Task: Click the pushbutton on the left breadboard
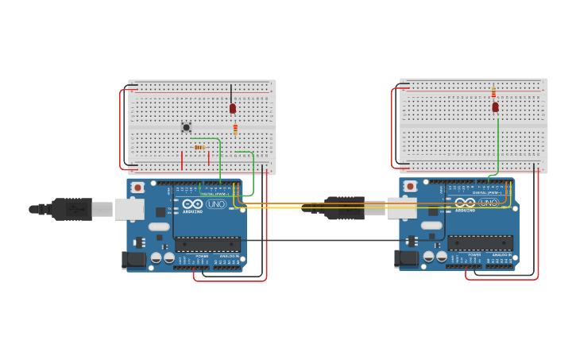pyautogui.click(x=186, y=127)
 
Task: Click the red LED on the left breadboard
pyautogui.click(x=233, y=108)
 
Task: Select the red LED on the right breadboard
pyautogui.click(x=495, y=106)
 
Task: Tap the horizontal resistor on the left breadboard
pyautogui.click(x=199, y=147)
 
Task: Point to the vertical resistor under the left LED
pyautogui.click(x=235, y=129)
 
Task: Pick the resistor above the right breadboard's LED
pyautogui.click(x=493, y=93)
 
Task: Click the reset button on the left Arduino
pyautogui.click(x=137, y=188)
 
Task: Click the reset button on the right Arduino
pyautogui.click(x=410, y=187)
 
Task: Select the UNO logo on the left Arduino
pyautogui.click(x=216, y=204)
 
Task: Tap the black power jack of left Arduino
pyautogui.click(x=132, y=259)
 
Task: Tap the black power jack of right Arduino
pyautogui.click(x=405, y=258)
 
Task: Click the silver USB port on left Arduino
pyautogui.click(x=129, y=209)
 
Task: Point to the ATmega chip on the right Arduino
pyautogui.click(x=479, y=243)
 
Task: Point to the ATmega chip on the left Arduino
pyautogui.click(x=207, y=244)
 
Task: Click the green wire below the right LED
pyautogui.click(x=498, y=143)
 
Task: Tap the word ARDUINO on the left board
pyautogui.click(x=193, y=211)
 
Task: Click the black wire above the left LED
pyautogui.click(x=231, y=91)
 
